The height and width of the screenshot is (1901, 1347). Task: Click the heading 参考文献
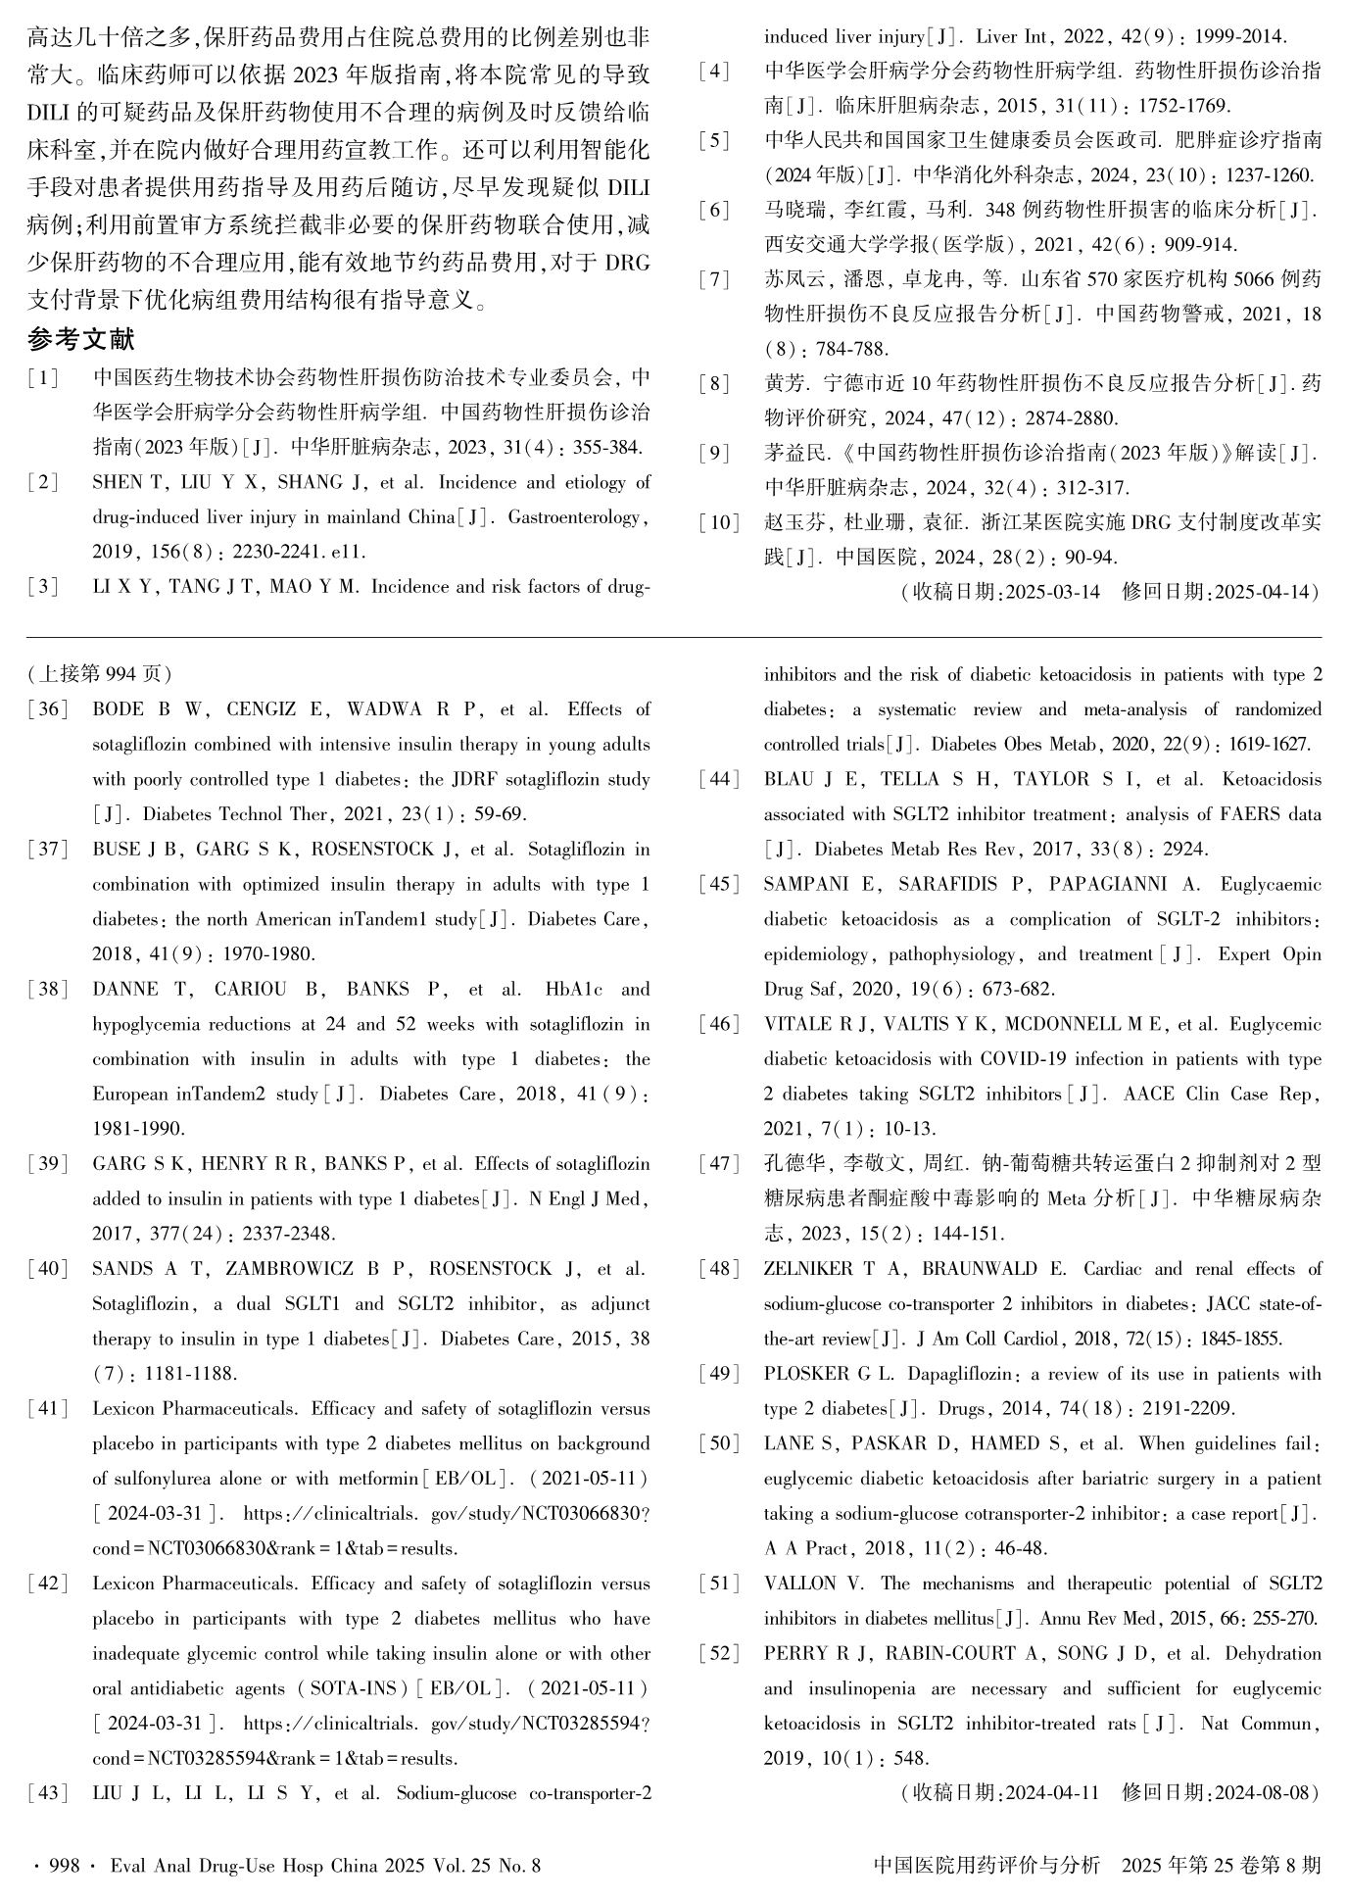[80, 340]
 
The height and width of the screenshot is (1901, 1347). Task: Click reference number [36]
[48, 709]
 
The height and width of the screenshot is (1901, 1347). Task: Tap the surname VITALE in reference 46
[794, 1024]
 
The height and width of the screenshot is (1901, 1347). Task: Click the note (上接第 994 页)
[100, 674]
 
